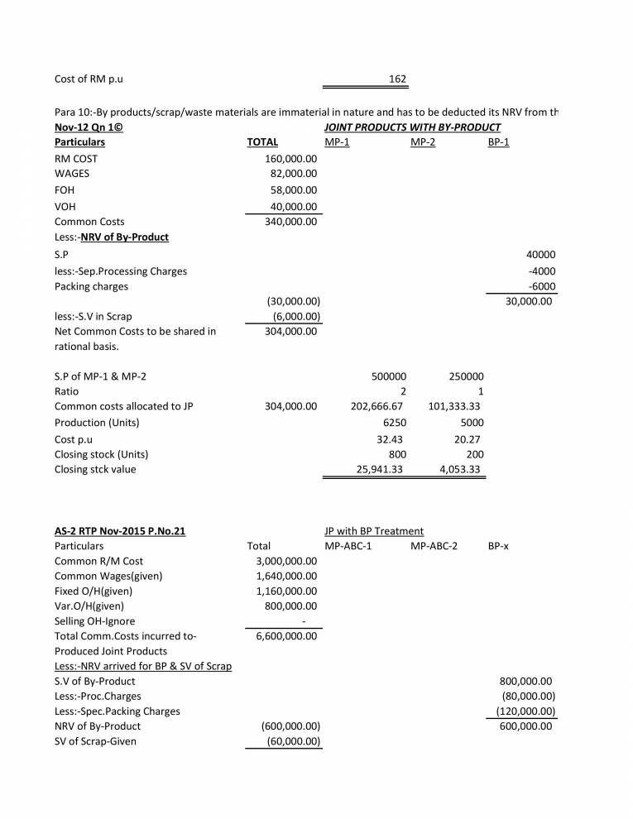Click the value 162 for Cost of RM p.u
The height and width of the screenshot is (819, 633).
[396, 79]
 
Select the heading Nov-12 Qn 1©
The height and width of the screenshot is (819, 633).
[89, 127]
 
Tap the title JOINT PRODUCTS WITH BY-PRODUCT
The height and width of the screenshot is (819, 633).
[412, 127]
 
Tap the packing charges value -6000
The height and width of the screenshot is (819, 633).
[541, 286]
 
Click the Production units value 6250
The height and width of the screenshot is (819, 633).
[393, 422]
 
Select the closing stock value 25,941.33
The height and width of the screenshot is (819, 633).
[379, 469]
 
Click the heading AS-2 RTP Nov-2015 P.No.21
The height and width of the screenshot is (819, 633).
[119, 530]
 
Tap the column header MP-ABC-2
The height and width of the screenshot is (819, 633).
[434, 546]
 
